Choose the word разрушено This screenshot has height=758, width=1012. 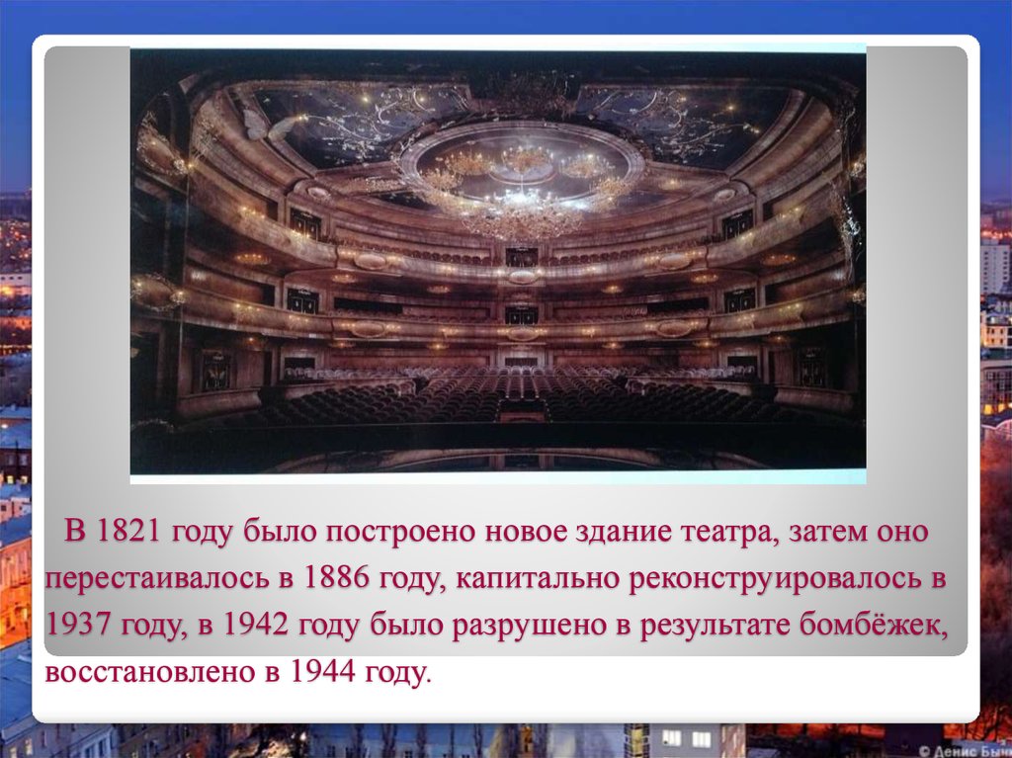(x=513, y=626)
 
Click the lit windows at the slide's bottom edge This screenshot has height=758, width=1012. (x=686, y=738)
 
